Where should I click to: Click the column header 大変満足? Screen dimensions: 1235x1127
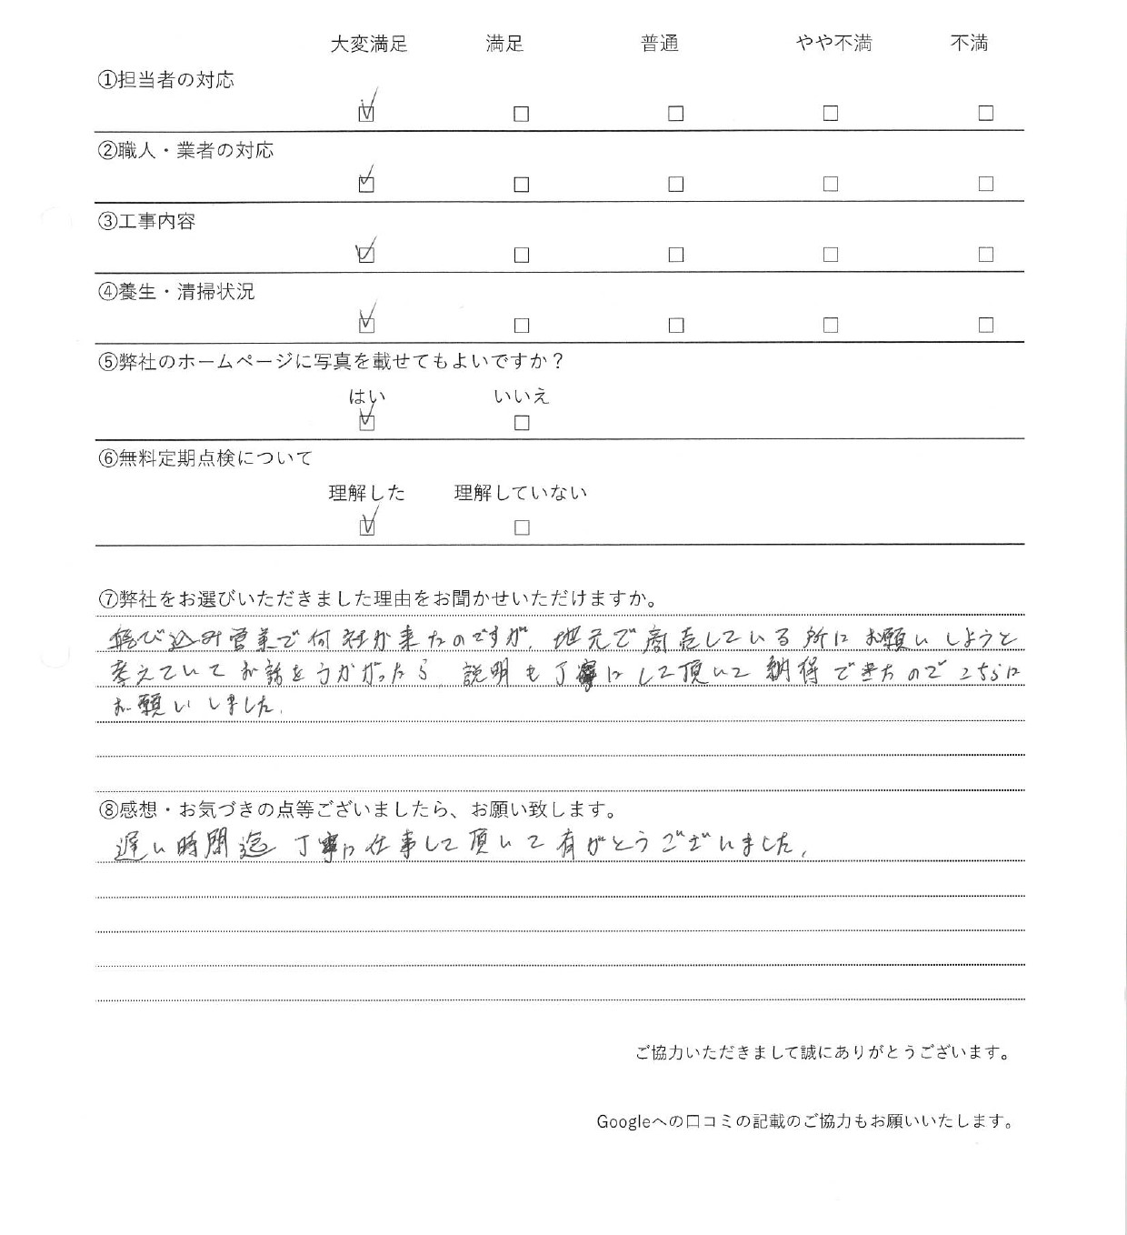[368, 44]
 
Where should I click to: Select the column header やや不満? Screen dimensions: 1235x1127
[833, 44]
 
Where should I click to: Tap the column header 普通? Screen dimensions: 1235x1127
[660, 44]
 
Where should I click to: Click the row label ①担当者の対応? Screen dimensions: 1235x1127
[165, 80]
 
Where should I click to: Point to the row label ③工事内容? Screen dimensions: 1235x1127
[146, 221]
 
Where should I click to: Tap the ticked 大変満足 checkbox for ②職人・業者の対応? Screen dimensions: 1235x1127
[366, 184]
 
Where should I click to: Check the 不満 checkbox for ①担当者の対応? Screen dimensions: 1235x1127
[985, 114]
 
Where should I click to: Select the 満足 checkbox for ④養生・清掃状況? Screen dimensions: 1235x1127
[521, 325]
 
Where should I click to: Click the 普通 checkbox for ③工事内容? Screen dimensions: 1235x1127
[675, 255]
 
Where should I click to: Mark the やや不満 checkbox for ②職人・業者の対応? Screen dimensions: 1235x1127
[830, 184]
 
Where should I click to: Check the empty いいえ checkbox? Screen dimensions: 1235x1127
[521, 423]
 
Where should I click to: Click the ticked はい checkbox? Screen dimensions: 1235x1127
[366, 422]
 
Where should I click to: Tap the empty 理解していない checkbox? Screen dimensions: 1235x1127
[521, 527]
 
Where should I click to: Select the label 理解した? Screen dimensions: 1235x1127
[366, 493]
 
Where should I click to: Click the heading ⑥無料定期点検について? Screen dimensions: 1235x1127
[204, 458]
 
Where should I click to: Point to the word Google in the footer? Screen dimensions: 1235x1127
[623, 1121]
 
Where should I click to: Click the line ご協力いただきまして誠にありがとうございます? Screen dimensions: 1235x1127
[823, 1053]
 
